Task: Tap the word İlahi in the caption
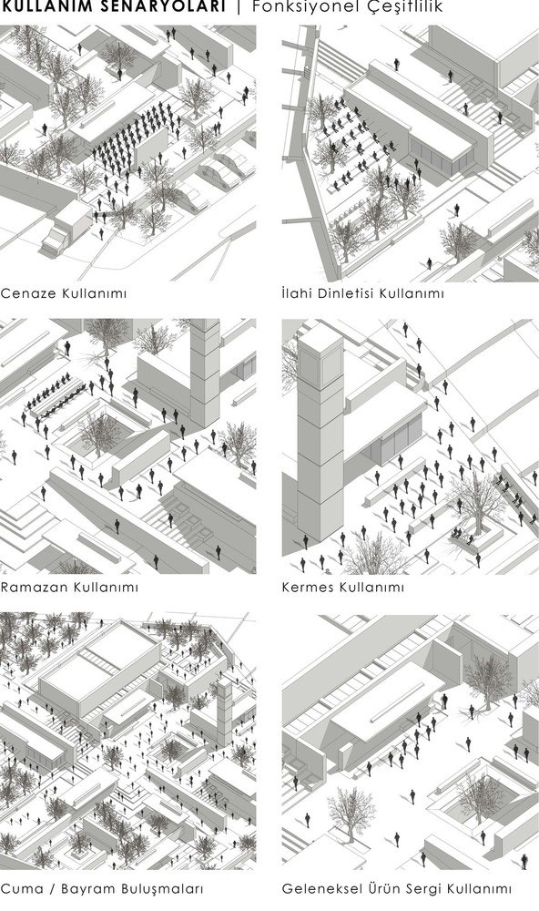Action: (296, 293)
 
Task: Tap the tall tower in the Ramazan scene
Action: (205, 372)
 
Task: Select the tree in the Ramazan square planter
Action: (98, 433)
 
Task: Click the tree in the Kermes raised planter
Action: (477, 503)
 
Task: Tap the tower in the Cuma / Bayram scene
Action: (224, 711)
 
